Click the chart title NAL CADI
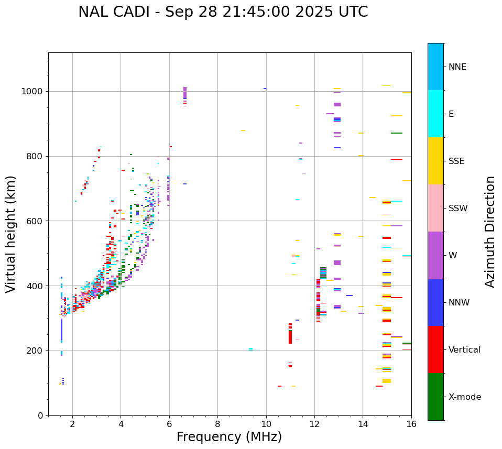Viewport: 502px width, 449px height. [223, 12]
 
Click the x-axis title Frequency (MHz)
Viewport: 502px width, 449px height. [229, 437]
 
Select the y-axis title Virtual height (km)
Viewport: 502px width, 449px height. [11, 234]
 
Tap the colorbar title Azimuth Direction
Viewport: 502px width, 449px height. [490, 231]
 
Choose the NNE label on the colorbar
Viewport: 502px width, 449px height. [457, 67]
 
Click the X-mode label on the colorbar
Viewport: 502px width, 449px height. [464, 397]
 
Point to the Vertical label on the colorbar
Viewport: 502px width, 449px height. [464, 350]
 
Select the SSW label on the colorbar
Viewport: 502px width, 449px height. [458, 209]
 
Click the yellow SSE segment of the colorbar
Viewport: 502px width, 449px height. [435, 161]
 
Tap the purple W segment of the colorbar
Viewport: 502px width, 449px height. [435, 255]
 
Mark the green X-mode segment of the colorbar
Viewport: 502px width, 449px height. [435, 397]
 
